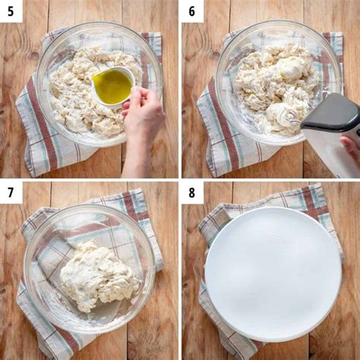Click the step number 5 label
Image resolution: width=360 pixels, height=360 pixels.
(11, 11)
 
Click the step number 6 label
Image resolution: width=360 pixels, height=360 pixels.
(191, 11)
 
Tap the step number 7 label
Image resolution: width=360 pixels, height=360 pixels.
(11, 192)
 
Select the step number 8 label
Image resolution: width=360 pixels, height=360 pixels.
(191, 192)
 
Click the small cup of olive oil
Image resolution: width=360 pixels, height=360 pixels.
(113, 85)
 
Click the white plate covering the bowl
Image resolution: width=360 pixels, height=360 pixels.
(273, 273)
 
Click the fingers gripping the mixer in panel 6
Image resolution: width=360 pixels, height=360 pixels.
(350, 147)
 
